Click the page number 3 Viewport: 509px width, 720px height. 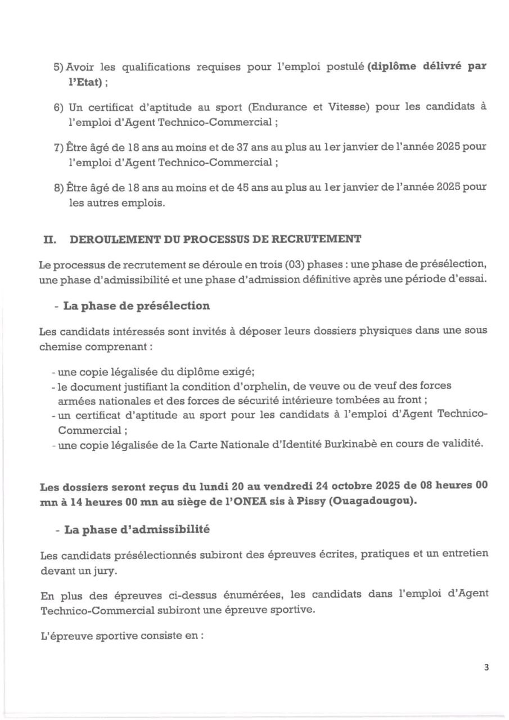click(x=487, y=668)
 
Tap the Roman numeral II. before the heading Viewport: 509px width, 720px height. click(x=50, y=239)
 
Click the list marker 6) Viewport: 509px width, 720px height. click(x=59, y=107)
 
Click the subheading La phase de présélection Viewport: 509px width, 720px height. click(x=137, y=306)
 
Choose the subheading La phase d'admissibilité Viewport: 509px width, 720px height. click(x=137, y=529)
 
